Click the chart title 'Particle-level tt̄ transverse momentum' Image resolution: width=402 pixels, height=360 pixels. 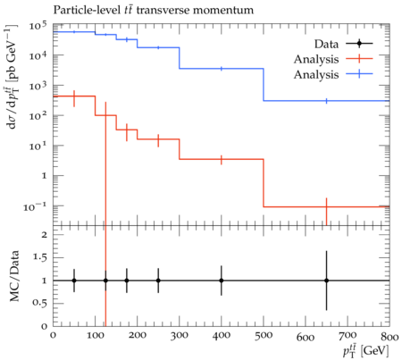coord(154,10)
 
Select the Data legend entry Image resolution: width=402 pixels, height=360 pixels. coord(343,44)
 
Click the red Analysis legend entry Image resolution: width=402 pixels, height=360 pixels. coord(333,59)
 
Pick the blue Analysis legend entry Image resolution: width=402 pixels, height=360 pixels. coord(333,74)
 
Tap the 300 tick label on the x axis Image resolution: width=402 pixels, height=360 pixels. coord(180,336)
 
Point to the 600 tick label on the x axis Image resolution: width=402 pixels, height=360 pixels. coord(306,337)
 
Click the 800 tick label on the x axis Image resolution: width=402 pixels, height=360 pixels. coord(389,336)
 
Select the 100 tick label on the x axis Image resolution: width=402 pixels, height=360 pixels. coord(95,336)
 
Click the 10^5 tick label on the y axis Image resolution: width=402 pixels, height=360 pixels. coord(38,27)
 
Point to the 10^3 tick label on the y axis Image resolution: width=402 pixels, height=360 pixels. coord(38,87)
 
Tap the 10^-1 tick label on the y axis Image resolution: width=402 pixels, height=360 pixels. coord(35,206)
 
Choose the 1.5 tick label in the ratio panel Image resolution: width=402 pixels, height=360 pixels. coord(39,257)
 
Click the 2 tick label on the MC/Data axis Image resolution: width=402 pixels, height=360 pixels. coord(45,235)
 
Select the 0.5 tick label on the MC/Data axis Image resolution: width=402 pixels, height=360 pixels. coord(39,303)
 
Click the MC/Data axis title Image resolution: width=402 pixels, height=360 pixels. coord(14,276)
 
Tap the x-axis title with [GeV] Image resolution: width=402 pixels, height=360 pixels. coord(366,350)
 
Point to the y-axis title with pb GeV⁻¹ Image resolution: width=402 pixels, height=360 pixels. coord(12,77)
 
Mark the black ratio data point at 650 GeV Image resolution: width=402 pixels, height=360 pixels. coord(326,280)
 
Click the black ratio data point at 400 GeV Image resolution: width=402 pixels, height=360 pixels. coord(222,280)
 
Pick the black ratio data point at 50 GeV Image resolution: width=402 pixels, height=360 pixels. coord(74,280)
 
